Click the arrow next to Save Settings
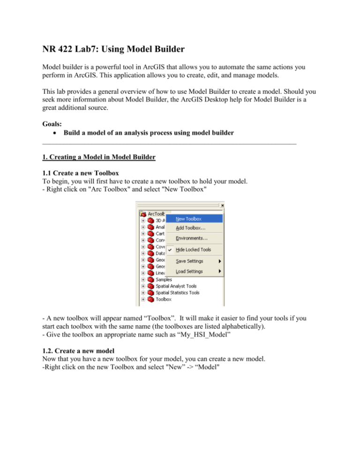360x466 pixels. click(x=219, y=261)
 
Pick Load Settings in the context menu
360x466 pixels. click(x=189, y=271)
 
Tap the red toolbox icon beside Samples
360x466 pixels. click(x=150, y=279)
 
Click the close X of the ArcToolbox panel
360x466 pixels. click(x=222, y=205)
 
